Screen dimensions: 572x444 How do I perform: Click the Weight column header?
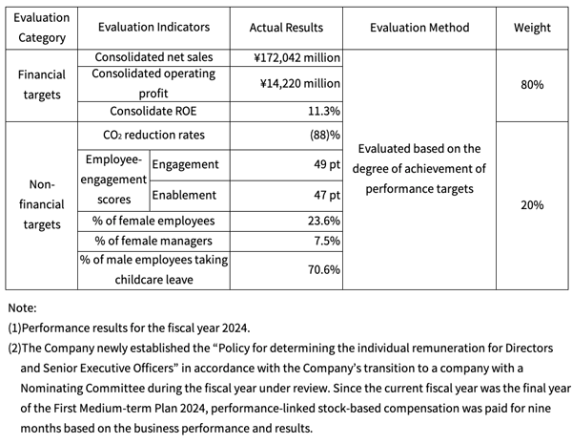point(532,28)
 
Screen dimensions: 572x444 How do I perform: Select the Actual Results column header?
point(286,28)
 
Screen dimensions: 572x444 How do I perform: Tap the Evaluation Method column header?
point(419,28)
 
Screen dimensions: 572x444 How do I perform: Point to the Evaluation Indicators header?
point(153,27)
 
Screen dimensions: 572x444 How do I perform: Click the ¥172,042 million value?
point(296,57)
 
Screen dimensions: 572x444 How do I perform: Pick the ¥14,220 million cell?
point(300,84)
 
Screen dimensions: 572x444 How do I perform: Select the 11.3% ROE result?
point(324,111)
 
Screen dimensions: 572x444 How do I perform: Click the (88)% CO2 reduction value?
point(325,136)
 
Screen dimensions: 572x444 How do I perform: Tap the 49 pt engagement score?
point(327,164)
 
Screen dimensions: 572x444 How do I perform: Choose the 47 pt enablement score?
point(327,195)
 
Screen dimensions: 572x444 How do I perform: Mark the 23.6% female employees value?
point(324,221)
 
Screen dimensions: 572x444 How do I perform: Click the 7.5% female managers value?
point(327,241)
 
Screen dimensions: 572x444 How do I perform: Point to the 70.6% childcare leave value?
point(324,269)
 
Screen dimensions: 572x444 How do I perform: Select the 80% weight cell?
point(532,85)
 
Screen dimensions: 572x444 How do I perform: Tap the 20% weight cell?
point(532,205)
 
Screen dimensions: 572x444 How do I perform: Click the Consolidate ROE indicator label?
point(153,111)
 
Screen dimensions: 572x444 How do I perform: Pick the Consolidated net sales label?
point(153,57)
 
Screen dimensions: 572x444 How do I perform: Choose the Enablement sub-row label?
point(184,195)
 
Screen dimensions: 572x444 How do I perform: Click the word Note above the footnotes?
point(22,308)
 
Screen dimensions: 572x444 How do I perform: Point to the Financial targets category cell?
point(42,85)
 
